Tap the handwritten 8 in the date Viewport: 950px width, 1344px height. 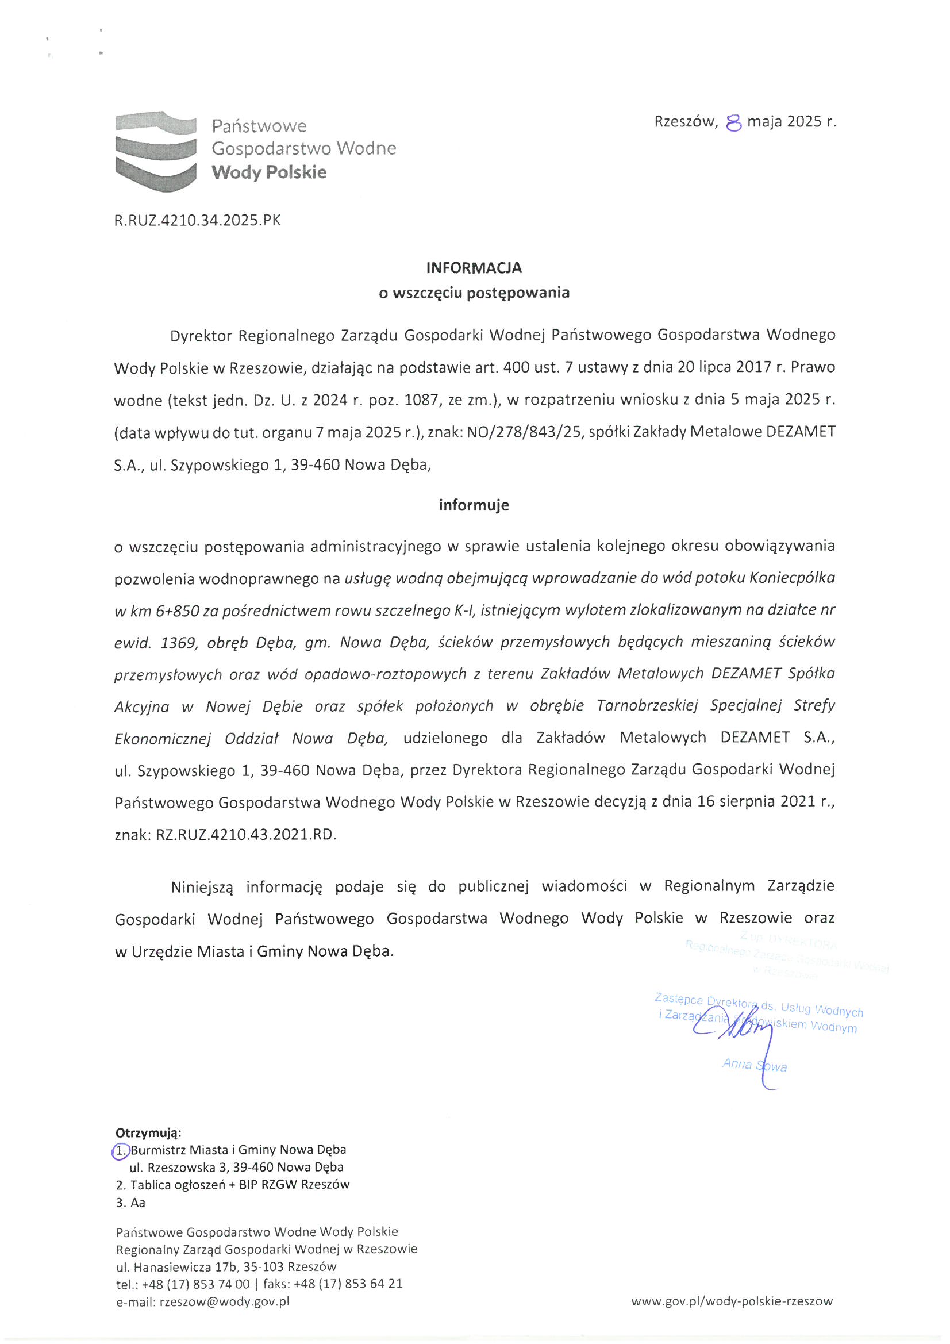[733, 123]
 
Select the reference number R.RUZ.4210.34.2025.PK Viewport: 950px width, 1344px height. [197, 220]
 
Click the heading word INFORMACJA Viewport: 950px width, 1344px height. [474, 268]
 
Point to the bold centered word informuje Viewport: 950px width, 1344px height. [474, 505]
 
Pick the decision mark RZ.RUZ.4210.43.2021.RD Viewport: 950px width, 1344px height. [247, 834]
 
